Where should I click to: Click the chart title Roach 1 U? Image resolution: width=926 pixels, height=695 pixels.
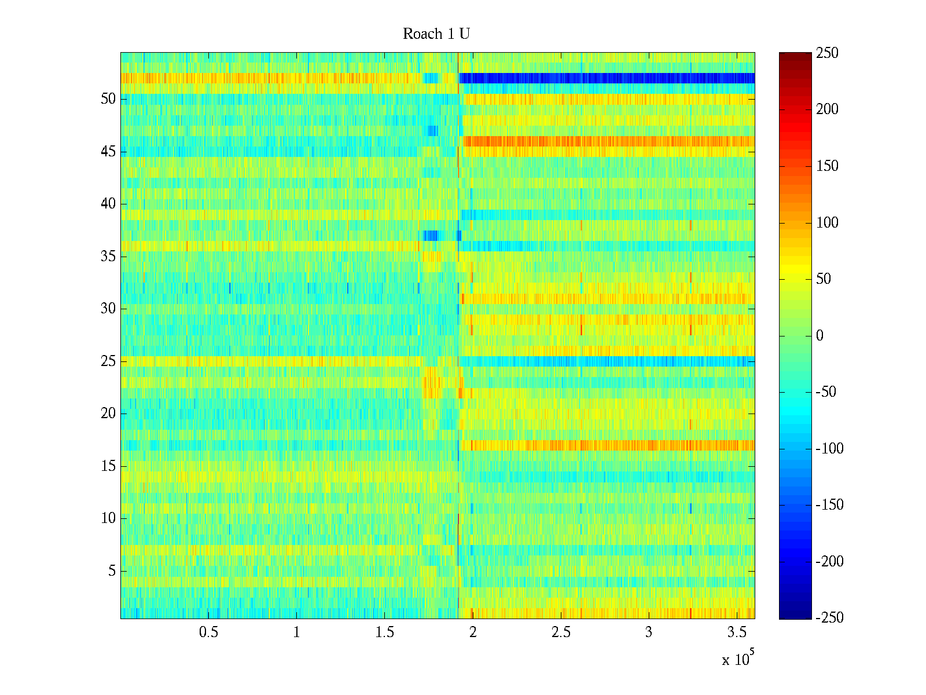coord(436,34)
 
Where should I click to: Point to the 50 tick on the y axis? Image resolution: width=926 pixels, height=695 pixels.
coord(108,99)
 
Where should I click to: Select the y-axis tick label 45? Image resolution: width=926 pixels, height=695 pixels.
coord(108,152)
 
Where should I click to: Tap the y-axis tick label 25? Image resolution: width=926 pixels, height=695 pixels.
coord(108,361)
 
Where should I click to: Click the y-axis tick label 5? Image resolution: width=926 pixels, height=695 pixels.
coord(112,571)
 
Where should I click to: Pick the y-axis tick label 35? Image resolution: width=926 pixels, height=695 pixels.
coord(108,257)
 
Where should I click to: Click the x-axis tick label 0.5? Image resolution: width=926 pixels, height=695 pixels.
coord(208,632)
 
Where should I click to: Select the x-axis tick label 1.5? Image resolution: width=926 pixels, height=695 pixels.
coord(385,632)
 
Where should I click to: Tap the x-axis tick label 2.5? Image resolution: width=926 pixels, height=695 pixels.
coord(561,632)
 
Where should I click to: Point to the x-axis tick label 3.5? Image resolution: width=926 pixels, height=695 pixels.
coord(736,632)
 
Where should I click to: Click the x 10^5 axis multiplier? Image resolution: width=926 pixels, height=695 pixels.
coord(738,659)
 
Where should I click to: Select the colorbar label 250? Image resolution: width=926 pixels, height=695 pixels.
coord(828,53)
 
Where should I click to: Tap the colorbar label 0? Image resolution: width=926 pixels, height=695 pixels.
coord(819,336)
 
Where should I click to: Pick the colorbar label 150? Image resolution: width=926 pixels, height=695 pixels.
coord(828,166)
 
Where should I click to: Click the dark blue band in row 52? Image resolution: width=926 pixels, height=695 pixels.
coord(608,78)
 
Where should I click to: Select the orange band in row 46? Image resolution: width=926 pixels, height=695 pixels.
coord(608,141)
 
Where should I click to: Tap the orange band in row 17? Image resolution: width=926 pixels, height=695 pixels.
coord(608,445)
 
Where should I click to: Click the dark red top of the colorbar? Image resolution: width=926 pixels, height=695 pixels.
coord(795,56)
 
